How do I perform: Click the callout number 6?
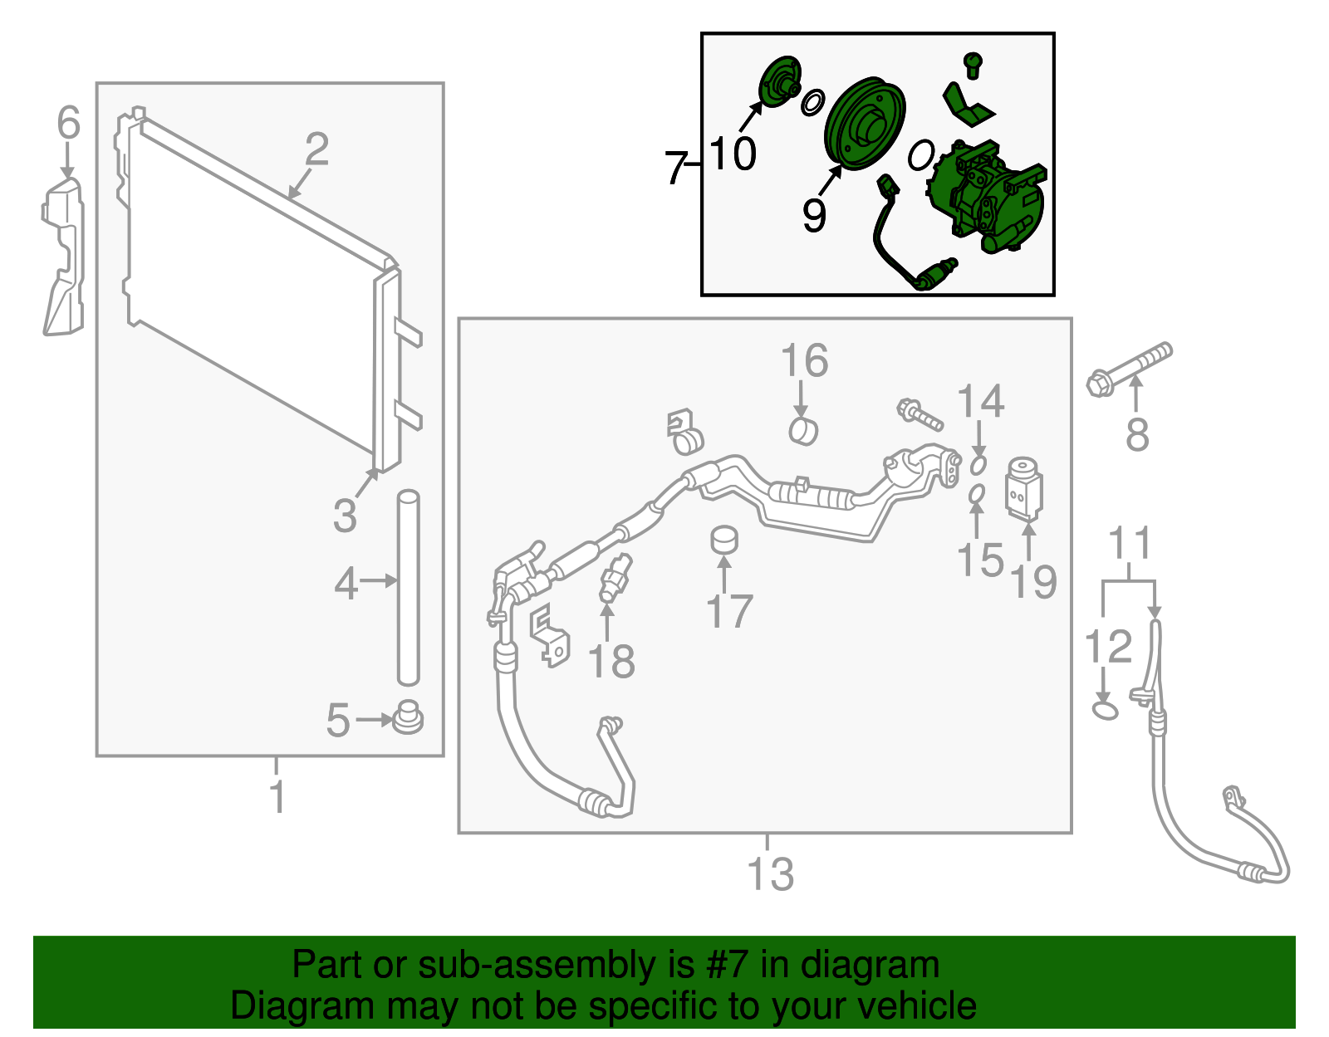(x=68, y=122)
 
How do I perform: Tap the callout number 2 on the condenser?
(x=316, y=149)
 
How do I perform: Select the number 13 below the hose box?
(x=771, y=874)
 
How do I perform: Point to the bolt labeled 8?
(x=1129, y=369)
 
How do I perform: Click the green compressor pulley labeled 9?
(x=865, y=123)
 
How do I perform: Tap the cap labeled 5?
(x=408, y=717)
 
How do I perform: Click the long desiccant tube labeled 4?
(x=409, y=588)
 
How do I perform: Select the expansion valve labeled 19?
(x=1024, y=490)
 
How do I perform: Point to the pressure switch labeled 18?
(x=615, y=578)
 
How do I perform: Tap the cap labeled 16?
(x=803, y=432)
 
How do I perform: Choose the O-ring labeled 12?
(x=1106, y=711)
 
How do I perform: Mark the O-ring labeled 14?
(x=978, y=465)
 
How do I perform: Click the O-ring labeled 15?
(x=977, y=494)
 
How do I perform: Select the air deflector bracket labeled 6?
(x=63, y=257)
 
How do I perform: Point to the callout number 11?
(x=1130, y=543)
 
